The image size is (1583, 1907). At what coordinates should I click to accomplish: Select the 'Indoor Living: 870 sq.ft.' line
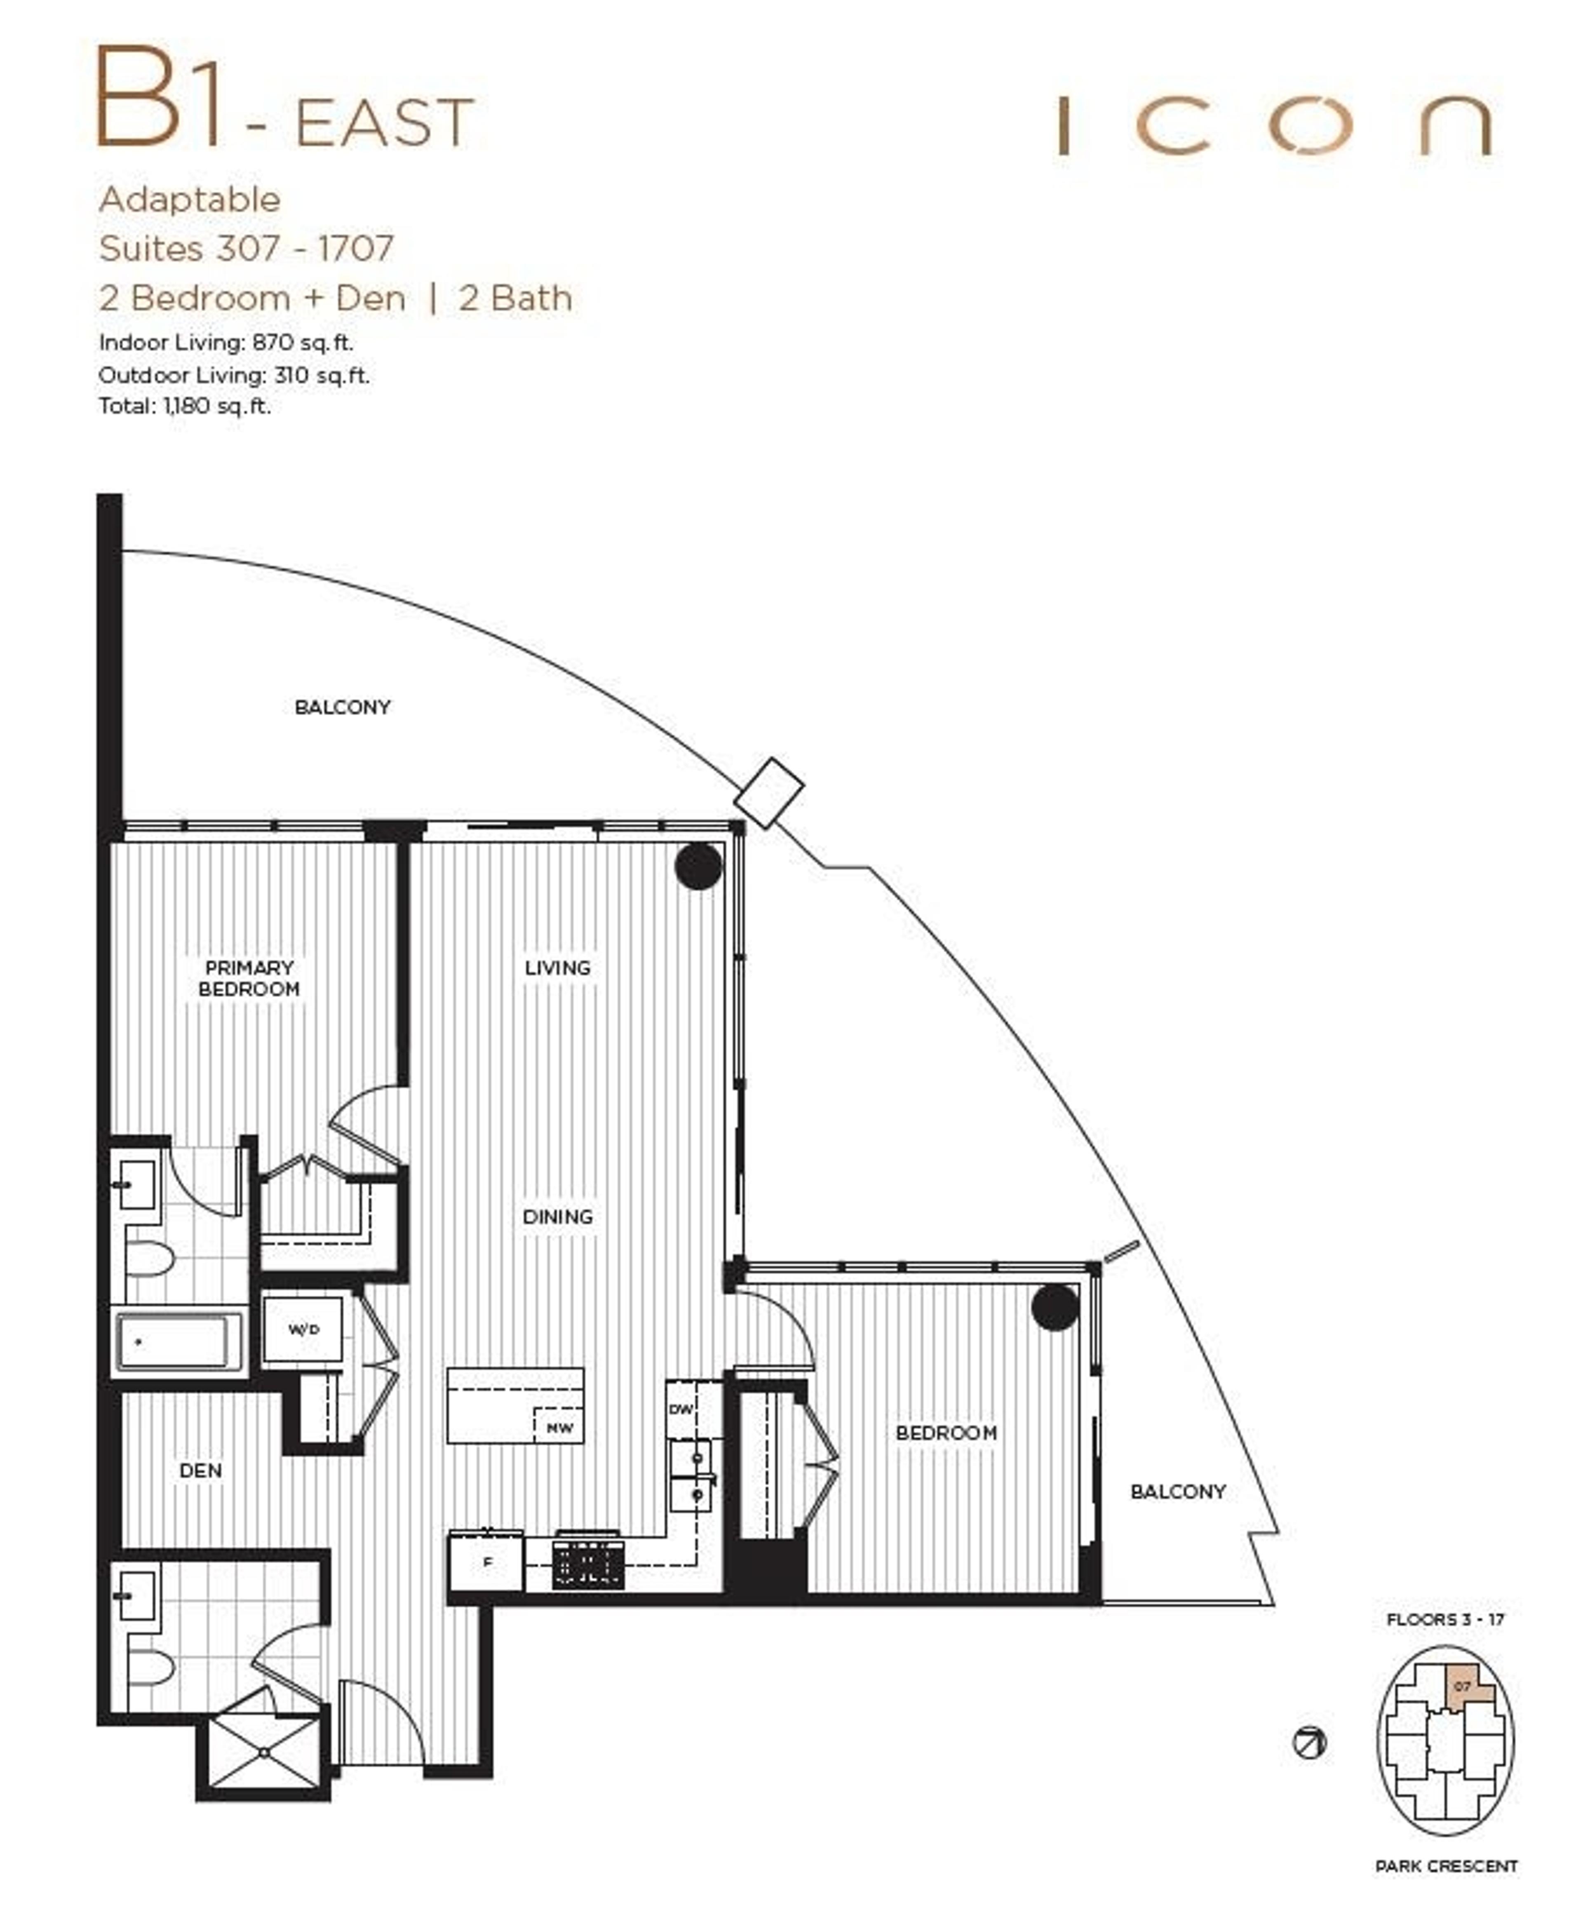(x=225, y=342)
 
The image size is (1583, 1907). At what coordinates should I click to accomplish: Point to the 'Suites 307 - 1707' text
(x=245, y=248)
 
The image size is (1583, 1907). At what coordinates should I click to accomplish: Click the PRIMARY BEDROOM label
(x=249, y=978)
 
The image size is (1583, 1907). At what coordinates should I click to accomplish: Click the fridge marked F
(x=487, y=1562)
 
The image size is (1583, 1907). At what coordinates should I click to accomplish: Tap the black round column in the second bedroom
(x=1055, y=1307)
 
